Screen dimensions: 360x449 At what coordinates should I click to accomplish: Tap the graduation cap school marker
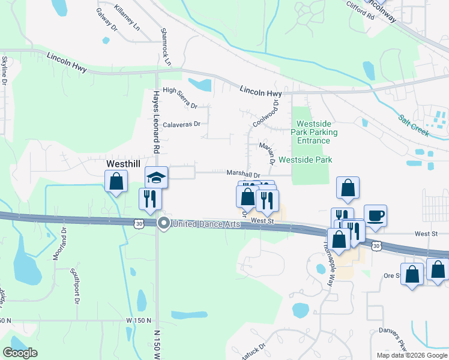[156, 178]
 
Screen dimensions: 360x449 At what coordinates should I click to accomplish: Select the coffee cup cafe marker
[375, 215]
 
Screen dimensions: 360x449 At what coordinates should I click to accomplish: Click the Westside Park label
[305, 160]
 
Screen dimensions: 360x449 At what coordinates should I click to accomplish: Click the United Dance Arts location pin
[163, 224]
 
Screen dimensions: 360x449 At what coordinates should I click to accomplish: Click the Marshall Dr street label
[243, 174]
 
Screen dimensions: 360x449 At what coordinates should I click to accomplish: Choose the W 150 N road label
[139, 321]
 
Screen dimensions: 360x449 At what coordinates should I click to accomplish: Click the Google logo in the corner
[20, 353]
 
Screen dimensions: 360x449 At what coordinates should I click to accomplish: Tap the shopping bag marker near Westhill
[116, 182]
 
